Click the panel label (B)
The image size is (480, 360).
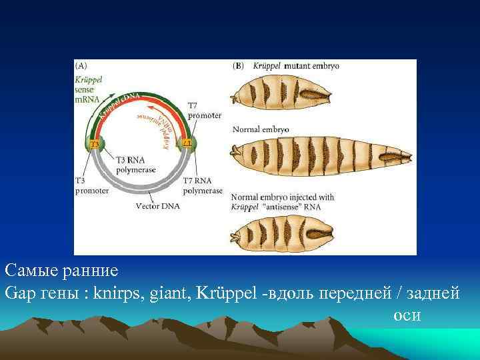[x=238, y=66]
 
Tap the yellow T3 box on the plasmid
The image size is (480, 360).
[x=95, y=144]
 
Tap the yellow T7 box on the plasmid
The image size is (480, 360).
[x=187, y=144]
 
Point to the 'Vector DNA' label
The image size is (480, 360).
[x=155, y=207]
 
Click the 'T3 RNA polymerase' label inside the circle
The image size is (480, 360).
[x=137, y=165]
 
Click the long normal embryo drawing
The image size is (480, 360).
[x=317, y=158]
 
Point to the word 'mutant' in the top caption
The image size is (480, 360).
[x=298, y=66]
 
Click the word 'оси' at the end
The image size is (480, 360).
[x=407, y=315]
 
